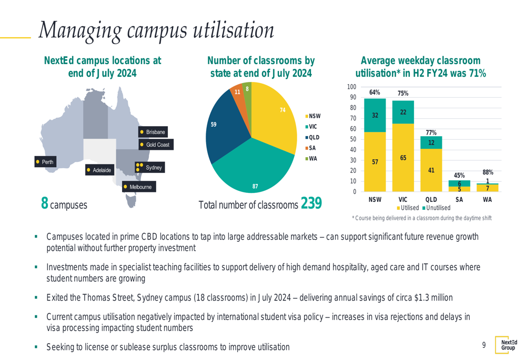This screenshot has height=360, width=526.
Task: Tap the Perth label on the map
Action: click(45, 162)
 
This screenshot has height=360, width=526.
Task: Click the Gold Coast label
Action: click(155, 144)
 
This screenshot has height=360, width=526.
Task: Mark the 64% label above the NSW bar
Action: click(375, 92)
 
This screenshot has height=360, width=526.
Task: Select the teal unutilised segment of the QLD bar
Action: click(431, 142)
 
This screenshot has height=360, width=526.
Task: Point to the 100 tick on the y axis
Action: click(351, 87)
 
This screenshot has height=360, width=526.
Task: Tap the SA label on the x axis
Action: click(459, 200)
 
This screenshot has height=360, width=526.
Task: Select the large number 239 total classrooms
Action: click(312, 203)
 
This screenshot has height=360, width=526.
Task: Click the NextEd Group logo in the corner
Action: click(508, 345)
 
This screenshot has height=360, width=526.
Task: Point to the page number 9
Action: click(483, 345)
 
